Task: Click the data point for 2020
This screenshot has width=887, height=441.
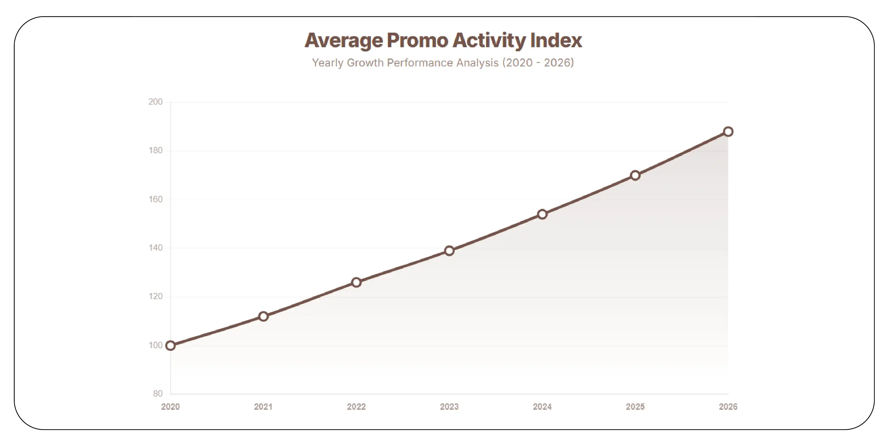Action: (x=170, y=345)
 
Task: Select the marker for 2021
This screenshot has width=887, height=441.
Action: (x=263, y=316)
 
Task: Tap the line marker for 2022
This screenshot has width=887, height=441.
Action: (x=356, y=282)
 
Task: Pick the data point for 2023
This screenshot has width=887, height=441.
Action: (x=449, y=251)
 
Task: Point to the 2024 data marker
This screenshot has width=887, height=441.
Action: (x=542, y=214)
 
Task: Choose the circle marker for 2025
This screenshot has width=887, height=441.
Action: (x=635, y=176)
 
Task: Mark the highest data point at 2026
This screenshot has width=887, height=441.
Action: (x=728, y=131)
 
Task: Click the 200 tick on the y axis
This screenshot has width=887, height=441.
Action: (x=155, y=102)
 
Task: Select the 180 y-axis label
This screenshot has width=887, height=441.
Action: (x=155, y=150)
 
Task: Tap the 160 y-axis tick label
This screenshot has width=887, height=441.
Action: (x=155, y=199)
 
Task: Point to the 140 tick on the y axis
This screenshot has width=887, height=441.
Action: (x=155, y=248)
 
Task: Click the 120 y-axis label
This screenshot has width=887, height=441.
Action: (x=155, y=296)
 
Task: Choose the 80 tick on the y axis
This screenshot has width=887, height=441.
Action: (x=158, y=394)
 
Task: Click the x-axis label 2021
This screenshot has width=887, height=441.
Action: (x=263, y=407)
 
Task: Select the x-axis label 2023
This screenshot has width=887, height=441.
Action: (x=449, y=407)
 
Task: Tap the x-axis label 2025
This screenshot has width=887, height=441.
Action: (x=635, y=407)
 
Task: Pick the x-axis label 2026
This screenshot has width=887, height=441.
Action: (x=728, y=407)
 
